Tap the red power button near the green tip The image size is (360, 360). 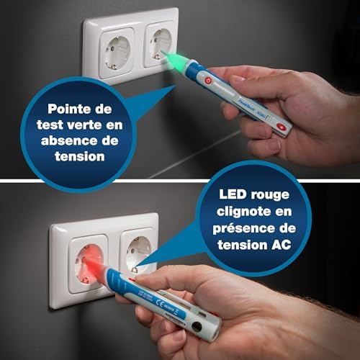(208, 81)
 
